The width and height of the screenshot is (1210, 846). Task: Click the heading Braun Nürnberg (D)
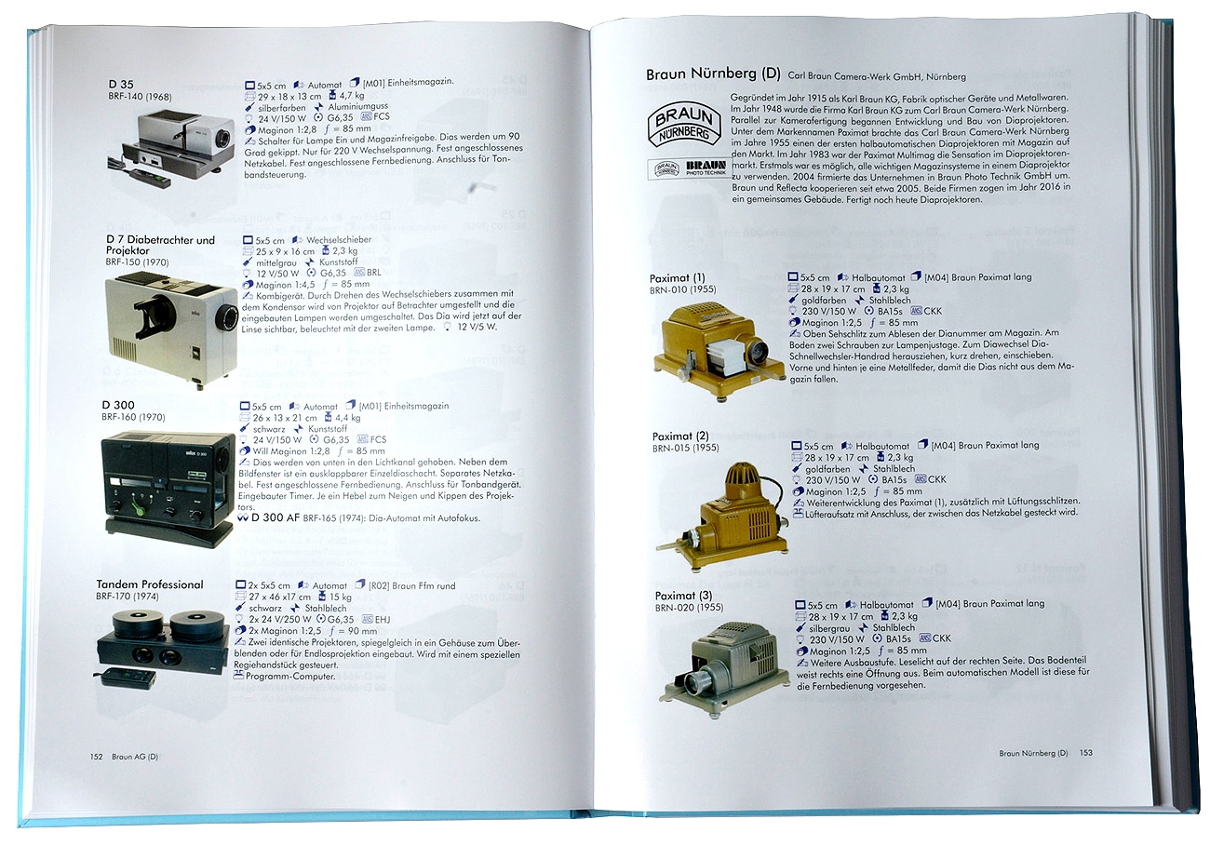pyautogui.click(x=713, y=74)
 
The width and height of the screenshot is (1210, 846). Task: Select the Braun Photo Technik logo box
pyautogui.click(x=690, y=168)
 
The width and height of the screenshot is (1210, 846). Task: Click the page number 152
pyautogui.click(x=96, y=757)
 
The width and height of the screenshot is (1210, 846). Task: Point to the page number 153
pyautogui.click(x=1086, y=753)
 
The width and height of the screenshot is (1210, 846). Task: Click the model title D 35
pyautogui.click(x=121, y=85)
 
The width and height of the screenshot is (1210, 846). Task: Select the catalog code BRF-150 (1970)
pyautogui.click(x=137, y=262)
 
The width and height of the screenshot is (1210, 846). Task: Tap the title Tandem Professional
pyautogui.click(x=150, y=584)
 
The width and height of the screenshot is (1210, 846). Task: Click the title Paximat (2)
pyautogui.click(x=680, y=436)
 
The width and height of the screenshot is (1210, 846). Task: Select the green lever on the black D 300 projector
pyautogui.click(x=138, y=509)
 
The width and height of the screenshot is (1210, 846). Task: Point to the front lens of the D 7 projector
pyautogui.click(x=227, y=315)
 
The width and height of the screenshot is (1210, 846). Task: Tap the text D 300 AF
pyautogui.click(x=276, y=517)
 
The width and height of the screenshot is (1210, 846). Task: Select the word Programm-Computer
pyautogui.click(x=290, y=676)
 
